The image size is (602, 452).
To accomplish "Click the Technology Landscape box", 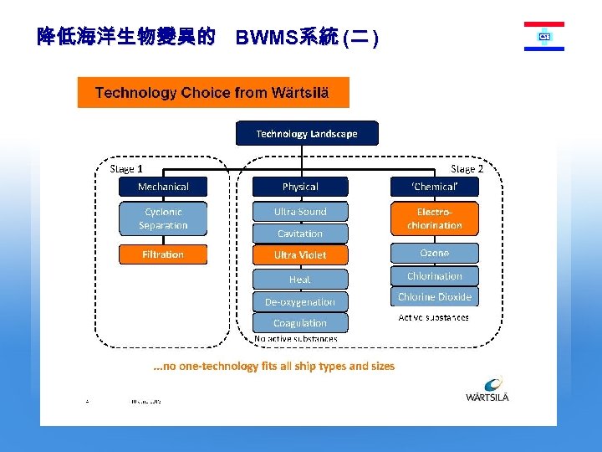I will [x=306, y=133].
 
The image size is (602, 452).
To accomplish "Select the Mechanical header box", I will [x=163, y=187].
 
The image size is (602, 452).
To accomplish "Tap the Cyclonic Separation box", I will [x=163, y=218].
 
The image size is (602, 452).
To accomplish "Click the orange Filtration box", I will [x=163, y=254].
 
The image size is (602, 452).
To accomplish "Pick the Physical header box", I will [x=300, y=187].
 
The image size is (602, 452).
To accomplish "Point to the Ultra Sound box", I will [x=300, y=212].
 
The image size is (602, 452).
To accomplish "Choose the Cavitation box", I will [x=300, y=234].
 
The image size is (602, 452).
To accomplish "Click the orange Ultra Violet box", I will [x=300, y=254].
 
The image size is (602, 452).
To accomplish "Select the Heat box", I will [x=300, y=280].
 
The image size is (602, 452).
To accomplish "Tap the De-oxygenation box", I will [x=300, y=301].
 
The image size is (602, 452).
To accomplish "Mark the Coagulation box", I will [x=300, y=323].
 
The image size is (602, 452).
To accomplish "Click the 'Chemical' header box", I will [x=435, y=187].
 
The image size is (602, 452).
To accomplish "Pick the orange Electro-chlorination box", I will [x=435, y=218].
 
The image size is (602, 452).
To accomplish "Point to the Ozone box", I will [x=435, y=253].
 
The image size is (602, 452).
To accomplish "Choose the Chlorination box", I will [x=435, y=275].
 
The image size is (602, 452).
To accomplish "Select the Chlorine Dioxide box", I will [x=435, y=297].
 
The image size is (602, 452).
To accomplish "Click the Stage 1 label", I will [x=126, y=168].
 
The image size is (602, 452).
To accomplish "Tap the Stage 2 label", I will [x=467, y=168].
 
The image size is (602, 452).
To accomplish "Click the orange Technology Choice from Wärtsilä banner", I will [x=213, y=92].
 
